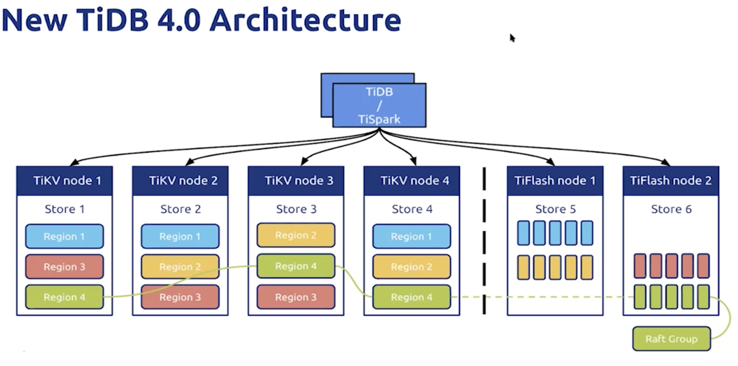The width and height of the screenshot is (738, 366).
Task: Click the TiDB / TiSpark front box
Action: [379, 105]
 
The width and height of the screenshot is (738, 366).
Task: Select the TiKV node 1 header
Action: [65, 181]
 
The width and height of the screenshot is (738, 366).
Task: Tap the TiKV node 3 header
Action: [296, 181]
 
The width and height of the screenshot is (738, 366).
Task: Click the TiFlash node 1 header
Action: [555, 181]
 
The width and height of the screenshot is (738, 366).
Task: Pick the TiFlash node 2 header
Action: [671, 181]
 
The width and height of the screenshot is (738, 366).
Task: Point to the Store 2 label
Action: [181, 209]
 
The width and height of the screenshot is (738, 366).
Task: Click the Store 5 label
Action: [555, 209]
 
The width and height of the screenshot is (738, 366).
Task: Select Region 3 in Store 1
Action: [65, 267]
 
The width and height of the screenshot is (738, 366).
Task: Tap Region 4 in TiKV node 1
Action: [65, 297]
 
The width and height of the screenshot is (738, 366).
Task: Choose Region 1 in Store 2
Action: [180, 236]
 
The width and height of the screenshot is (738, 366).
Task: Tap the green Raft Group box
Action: [672, 339]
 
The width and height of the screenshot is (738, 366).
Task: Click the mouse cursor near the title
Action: [512, 38]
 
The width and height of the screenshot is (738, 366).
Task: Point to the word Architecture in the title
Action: [305, 20]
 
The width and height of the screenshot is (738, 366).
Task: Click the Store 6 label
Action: [671, 209]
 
